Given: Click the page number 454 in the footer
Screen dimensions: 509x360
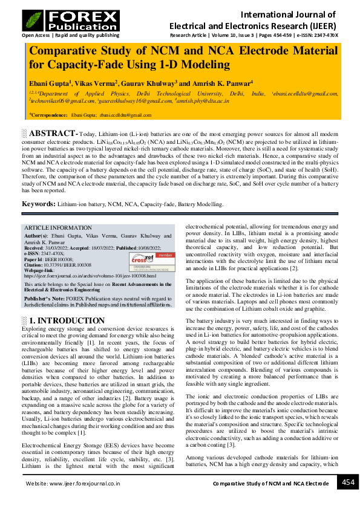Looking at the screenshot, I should coord(347,482).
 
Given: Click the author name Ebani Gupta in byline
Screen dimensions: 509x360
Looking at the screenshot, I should coord(51,82).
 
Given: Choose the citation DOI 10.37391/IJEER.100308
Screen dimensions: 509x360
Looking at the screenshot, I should coord(68,264).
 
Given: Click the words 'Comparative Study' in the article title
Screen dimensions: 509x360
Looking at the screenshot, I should coord(81,51).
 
